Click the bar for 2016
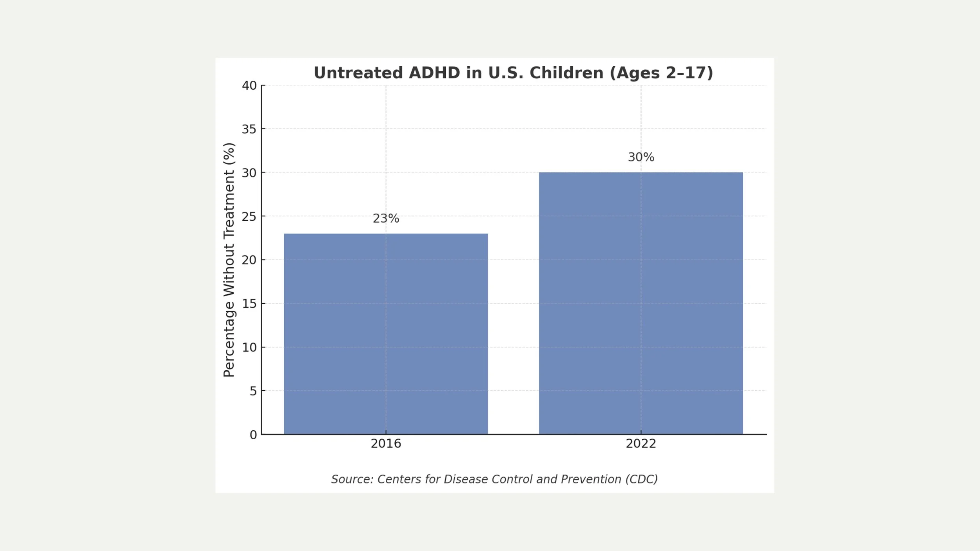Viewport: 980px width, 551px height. (x=386, y=334)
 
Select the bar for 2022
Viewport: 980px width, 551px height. (x=641, y=303)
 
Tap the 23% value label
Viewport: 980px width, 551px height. (x=386, y=219)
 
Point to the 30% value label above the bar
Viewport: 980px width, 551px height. (x=641, y=157)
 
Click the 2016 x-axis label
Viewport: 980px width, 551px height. (x=386, y=444)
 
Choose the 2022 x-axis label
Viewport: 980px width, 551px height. (x=641, y=444)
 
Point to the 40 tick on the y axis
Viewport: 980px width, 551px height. (x=249, y=85)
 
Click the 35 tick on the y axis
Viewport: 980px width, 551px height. (x=249, y=129)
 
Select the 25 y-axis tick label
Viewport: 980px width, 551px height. (x=249, y=216)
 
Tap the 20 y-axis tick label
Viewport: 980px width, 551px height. (x=249, y=260)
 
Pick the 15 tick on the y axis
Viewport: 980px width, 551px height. (x=249, y=304)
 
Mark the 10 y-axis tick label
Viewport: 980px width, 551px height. (x=249, y=347)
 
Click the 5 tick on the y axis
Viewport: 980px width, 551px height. (x=253, y=391)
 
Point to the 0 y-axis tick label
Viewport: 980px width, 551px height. (x=253, y=435)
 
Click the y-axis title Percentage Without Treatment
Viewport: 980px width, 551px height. (x=229, y=260)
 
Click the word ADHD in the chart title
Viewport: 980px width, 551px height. (x=434, y=73)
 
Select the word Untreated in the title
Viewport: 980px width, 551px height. (x=358, y=73)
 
